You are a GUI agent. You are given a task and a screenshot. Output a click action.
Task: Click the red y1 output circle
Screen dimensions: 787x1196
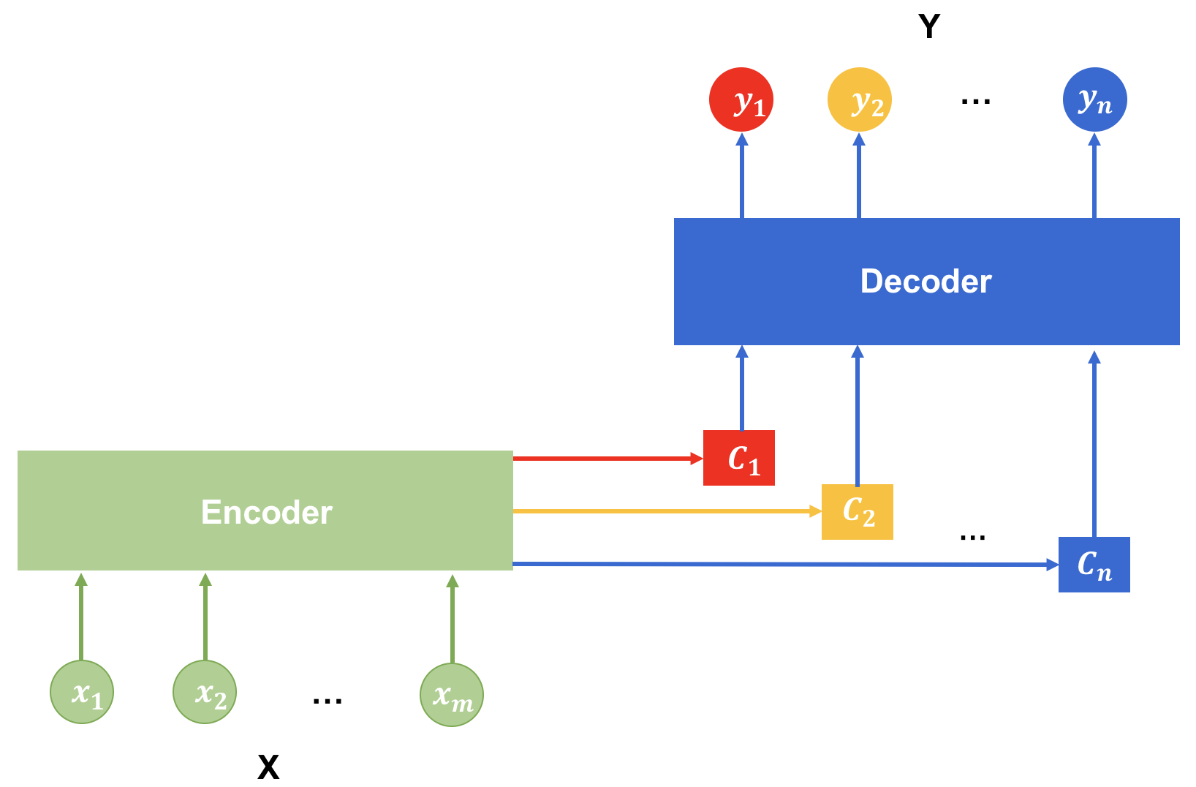(741, 99)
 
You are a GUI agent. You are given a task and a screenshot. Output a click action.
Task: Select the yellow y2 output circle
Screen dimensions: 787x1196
(859, 99)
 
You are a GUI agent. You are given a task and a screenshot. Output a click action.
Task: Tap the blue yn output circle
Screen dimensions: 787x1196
(1094, 99)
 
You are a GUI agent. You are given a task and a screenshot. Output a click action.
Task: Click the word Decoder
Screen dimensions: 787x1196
(926, 282)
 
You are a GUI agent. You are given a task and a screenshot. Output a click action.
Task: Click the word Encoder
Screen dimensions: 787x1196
(266, 512)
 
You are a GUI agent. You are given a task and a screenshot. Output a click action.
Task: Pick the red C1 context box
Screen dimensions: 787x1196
(738, 458)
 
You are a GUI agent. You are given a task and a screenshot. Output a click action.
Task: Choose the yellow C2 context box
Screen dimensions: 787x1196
(857, 511)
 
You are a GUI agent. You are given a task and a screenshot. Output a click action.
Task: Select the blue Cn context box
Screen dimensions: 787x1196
(1094, 564)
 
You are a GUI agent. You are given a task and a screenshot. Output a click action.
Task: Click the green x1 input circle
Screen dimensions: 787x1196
(82, 692)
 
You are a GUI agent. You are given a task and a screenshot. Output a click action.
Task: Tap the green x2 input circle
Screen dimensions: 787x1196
(205, 692)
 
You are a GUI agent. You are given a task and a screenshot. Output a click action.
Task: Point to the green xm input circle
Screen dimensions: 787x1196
(452, 694)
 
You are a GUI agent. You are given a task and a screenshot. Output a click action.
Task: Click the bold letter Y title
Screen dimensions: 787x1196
(929, 27)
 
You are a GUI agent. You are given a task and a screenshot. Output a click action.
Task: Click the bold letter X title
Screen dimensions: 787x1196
(268, 767)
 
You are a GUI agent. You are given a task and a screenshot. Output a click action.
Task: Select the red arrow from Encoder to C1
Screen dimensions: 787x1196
(607, 459)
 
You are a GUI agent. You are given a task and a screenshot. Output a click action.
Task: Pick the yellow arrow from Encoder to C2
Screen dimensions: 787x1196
(665, 511)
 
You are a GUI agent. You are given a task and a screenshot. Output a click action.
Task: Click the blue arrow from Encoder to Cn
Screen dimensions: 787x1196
(782, 564)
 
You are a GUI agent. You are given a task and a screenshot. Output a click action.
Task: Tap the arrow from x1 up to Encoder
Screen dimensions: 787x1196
(81, 618)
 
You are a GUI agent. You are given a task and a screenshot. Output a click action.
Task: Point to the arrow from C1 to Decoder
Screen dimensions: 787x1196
(742, 388)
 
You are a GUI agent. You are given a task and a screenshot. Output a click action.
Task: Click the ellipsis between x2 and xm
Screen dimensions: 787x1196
(327, 701)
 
